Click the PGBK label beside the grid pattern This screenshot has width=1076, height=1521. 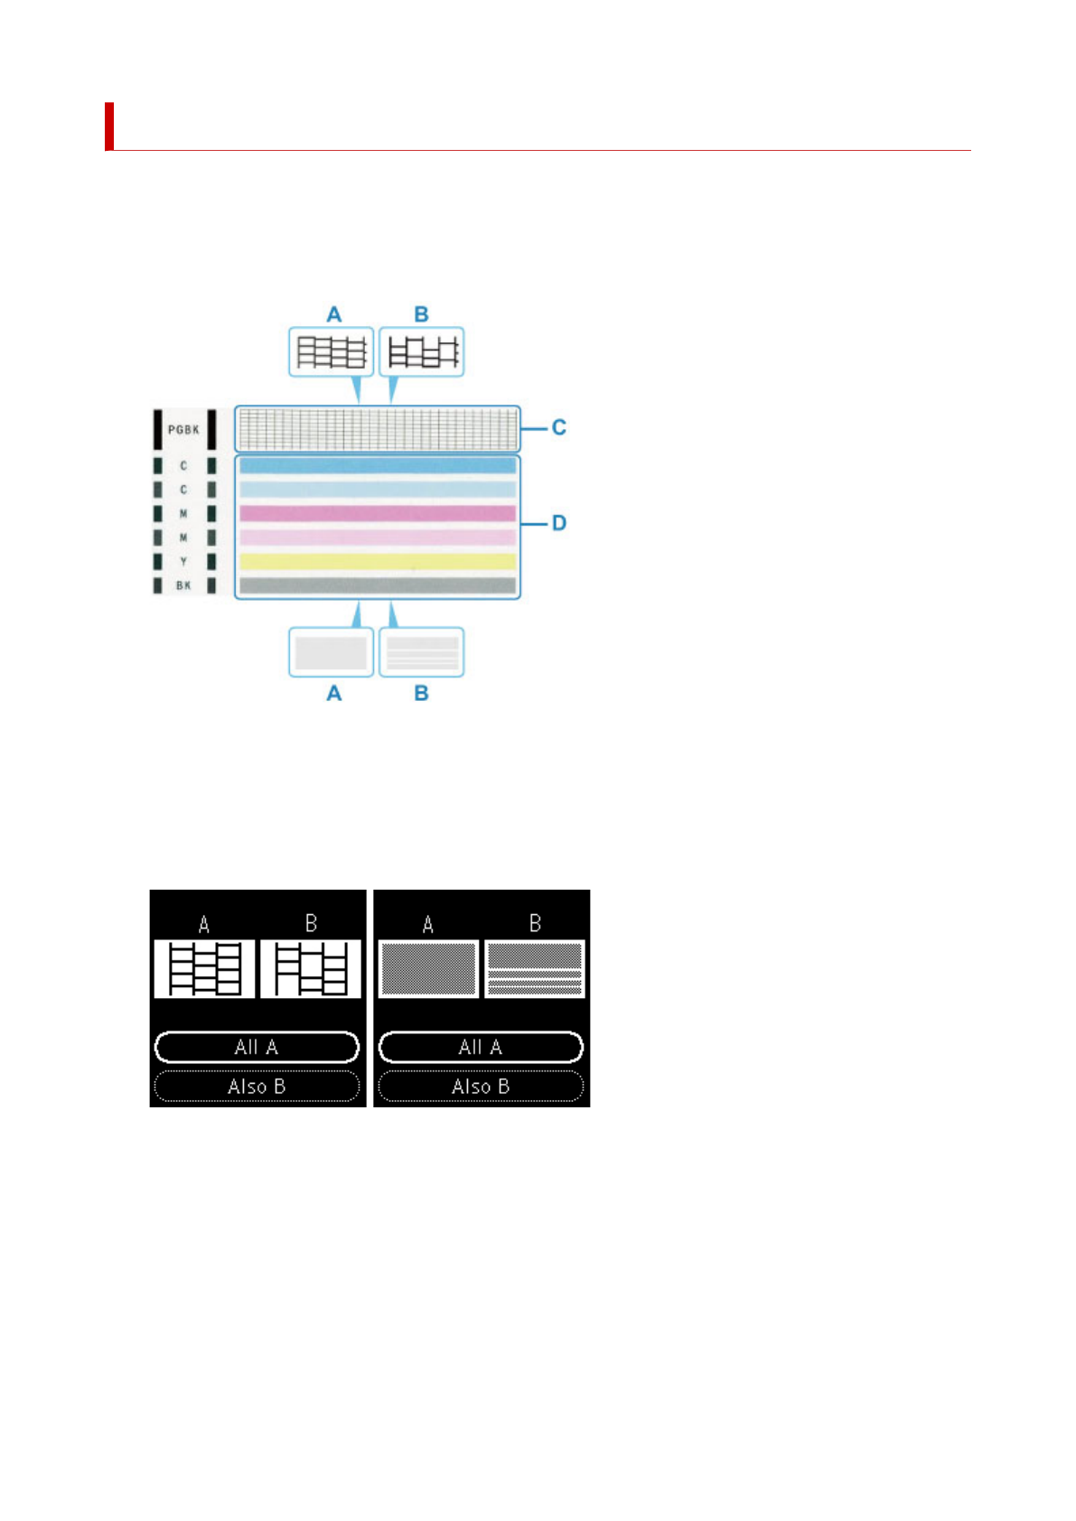[183, 430]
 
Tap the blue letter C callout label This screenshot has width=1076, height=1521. [559, 427]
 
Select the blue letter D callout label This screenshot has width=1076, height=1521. [559, 523]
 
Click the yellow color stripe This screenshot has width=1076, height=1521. [378, 561]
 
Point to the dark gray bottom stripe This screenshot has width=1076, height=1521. [378, 585]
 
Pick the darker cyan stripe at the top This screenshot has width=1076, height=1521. [378, 465]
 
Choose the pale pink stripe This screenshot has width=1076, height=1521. [378, 537]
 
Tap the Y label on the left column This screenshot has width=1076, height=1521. [183, 562]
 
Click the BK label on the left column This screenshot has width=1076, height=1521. [183, 586]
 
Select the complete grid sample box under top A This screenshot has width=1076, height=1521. [331, 351]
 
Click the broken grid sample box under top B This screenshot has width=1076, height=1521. [421, 351]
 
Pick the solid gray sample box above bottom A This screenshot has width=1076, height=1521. [331, 652]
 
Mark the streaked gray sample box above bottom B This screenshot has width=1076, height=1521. [421, 652]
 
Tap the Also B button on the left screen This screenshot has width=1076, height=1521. [257, 1087]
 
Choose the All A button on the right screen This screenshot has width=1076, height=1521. [481, 1048]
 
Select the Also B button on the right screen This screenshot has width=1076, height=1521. [481, 1087]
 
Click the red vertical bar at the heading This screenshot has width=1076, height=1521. [109, 126]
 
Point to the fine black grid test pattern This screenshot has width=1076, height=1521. [378, 428]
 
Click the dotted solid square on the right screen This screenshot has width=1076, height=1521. [428, 968]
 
